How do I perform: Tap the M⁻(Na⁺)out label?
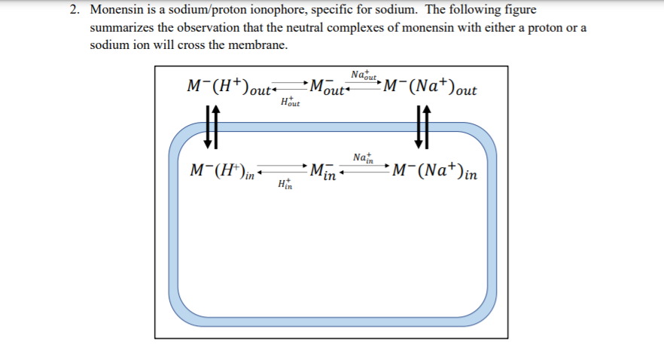(x=429, y=87)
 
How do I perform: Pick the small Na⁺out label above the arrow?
(x=364, y=75)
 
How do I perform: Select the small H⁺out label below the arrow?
(x=289, y=102)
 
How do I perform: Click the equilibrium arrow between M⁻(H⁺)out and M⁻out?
(x=288, y=87)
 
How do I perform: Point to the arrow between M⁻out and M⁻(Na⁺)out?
(x=364, y=87)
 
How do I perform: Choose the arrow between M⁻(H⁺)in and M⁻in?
(x=285, y=170)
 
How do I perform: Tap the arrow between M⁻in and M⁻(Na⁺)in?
(x=363, y=170)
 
